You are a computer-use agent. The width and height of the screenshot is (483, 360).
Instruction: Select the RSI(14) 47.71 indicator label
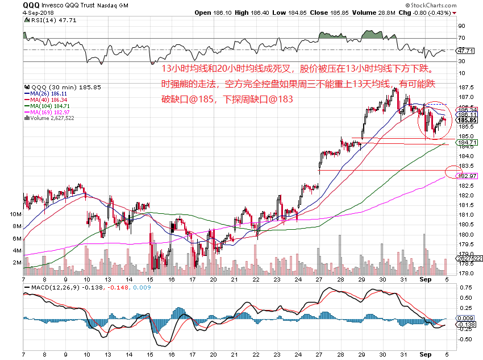(43, 19)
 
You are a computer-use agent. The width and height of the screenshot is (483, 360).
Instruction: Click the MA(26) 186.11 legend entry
(46, 93)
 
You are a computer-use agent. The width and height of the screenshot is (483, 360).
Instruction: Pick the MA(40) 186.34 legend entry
(46, 100)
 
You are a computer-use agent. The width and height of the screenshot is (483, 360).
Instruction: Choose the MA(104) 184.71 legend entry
(47, 106)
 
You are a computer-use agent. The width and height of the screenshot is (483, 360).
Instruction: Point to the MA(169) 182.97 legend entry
(47, 112)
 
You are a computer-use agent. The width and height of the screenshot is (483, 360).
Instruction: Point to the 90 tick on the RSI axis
(462, 26)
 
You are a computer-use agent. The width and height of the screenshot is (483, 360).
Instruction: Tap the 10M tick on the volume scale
(15, 214)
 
